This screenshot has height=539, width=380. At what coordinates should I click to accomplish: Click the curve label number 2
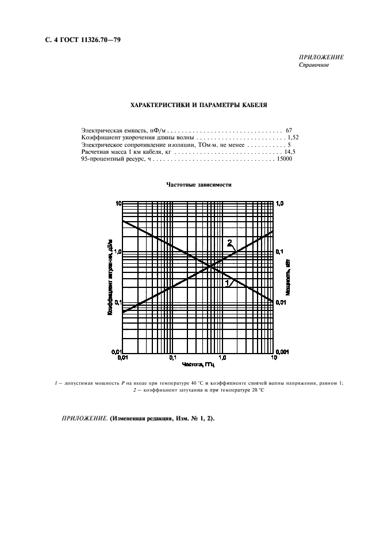pyautogui.click(x=230, y=242)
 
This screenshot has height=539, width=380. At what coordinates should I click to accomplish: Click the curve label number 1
pyautogui.click(x=227, y=282)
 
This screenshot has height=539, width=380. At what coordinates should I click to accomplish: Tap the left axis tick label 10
pyautogui.click(x=117, y=204)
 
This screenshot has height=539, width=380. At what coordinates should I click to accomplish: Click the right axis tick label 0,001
pyautogui.click(x=283, y=351)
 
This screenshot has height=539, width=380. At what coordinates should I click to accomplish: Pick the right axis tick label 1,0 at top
pyautogui.click(x=281, y=204)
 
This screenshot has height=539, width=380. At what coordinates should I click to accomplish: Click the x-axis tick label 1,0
pyautogui.click(x=224, y=358)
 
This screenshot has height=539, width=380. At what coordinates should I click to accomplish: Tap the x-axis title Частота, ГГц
pyautogui.click(x=198, y=365)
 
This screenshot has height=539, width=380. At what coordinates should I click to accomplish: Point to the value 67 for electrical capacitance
pyautogui.click(x=289, y=131)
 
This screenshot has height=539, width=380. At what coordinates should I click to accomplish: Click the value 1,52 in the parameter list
pyautogui.click(x=291, y=138)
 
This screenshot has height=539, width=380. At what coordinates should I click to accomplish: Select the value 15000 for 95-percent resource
pyautogui.click(x=284, y=159)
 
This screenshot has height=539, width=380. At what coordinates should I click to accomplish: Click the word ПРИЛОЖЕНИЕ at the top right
pyautogui.click(x=321, y=57)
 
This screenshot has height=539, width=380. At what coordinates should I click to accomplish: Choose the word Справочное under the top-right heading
pyautogui.click(x=313, y=64)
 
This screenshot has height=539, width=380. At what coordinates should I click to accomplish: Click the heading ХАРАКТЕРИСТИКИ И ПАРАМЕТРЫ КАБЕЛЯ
pyautogui.click(x=198, y=105)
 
